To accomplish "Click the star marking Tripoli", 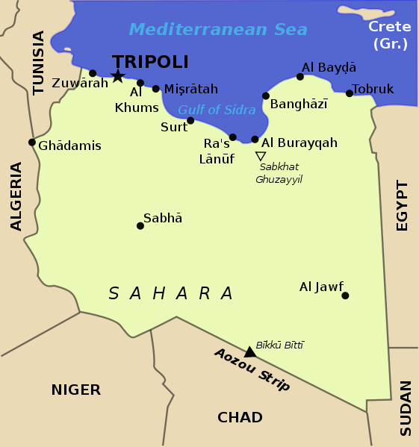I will pyautogui.click(x=117, y=75).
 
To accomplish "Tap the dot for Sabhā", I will pyautogui.click(x=140, y=225).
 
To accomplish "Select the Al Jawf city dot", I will pyautogui.click(x=345, y=296).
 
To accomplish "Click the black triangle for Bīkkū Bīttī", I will pyautogui.click(x=250, y=352).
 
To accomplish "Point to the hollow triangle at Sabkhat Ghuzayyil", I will pyautogui.click(x=260, y=156).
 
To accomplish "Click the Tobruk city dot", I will pyautogui.click(x=350, y=93).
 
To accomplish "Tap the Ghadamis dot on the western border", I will pyautogui.click(x=32, y=142).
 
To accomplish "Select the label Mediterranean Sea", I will pyautogui.click(x=218, y=30).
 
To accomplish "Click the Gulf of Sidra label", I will pyautogui.click(x=217, y=110).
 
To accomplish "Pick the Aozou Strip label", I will pyautogui.click(x=252, y=370).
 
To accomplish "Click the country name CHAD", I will pyautogui.click(x=240, y=417).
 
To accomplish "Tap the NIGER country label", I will pyautogui.click(x=75, y=390).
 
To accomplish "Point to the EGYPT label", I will pyautogui.click(x=403, y=205).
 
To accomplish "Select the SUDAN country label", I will pyautogui.click(x=406, y=408).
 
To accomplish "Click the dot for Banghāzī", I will pyautogui.click(x=265, y=96).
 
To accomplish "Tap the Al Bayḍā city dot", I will pyautogui.click(x=300, y=76).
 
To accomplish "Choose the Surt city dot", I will pyautogui.click(x=190, y=120).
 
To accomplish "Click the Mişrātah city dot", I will pyautogui.click(x=156, y=89).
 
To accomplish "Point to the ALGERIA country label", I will pyautogui.click(x=16, y=196).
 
